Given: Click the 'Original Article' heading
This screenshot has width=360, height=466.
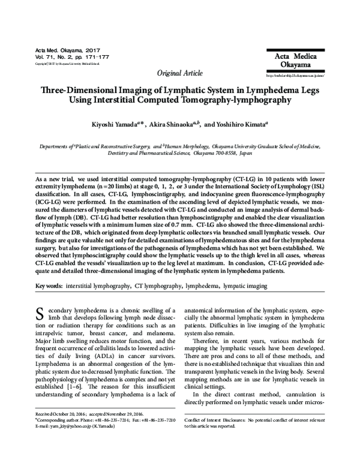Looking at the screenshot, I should pyautogui.click(x=179, y=73).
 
